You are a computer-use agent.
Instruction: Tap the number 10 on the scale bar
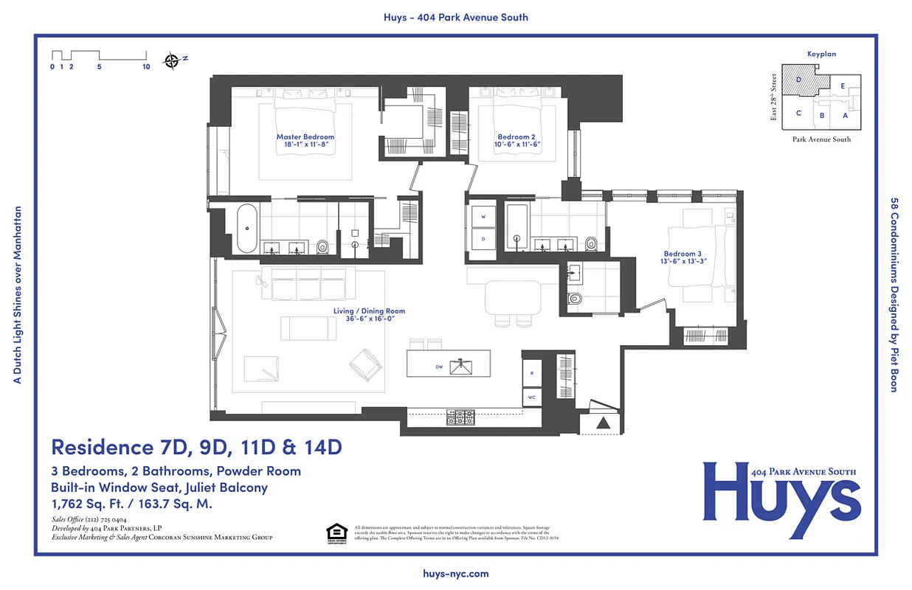point(146,67)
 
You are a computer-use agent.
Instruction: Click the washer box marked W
point(483,218)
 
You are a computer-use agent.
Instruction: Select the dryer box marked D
point(483,239)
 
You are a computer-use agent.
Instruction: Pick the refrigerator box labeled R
point(532,374)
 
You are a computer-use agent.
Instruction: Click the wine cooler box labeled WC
point(532,397)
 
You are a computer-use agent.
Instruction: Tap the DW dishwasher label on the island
point(439,367)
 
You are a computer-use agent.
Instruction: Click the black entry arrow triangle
point(603,423)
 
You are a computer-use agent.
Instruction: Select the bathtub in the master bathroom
point(247,228)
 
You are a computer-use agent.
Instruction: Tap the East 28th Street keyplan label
point(774,97)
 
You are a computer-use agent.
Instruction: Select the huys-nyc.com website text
point(456,573)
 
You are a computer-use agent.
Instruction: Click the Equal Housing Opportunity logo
point(336,532)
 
